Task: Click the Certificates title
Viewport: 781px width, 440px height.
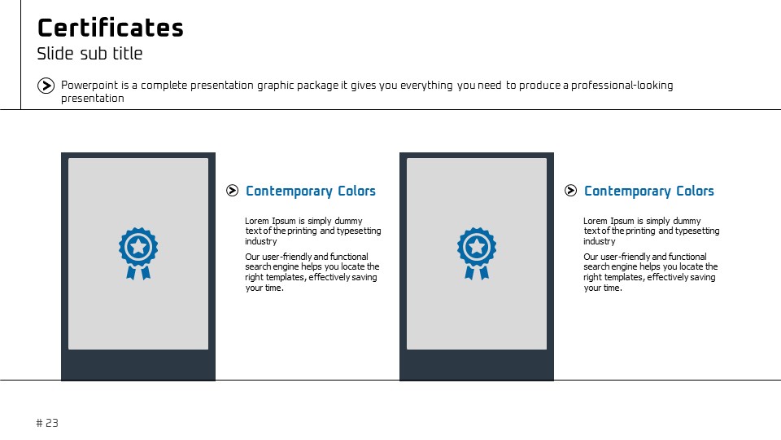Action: [x=111, y=28]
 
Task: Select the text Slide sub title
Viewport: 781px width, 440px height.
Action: [x=89, y=54]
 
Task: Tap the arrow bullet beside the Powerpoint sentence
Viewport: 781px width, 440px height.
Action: [x=46, y=86]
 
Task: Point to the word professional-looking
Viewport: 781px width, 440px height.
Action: [x=622, y=86]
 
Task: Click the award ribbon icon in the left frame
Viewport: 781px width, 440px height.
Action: [x=138, y=253]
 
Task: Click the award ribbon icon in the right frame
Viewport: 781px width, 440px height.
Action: [x=477, y=253]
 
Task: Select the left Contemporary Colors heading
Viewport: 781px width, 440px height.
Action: [x=311, y=191]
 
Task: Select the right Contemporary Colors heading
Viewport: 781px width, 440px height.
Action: [x=649, y=191]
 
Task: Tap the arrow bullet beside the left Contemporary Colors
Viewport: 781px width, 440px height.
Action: [x=232, y=191]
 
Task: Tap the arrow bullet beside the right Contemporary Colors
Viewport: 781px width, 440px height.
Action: [x=571, y=191]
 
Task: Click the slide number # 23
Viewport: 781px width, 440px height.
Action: [x=47, y=423]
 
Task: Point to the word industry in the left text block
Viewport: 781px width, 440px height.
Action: [x=261, y=241]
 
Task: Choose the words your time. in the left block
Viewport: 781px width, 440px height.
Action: [x=264, y=288]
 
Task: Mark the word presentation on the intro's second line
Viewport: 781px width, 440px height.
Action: [x=93, y=99]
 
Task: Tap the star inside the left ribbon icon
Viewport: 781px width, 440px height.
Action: [x=138, y=246]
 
